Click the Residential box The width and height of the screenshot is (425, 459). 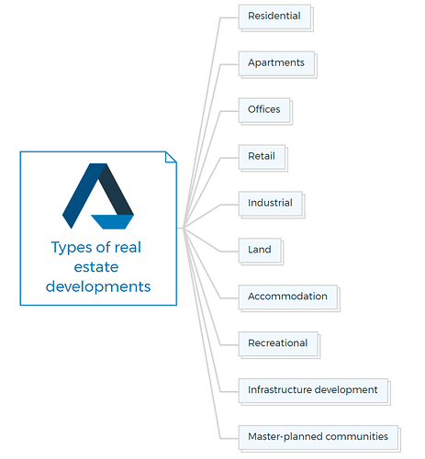click(x=275, y=17)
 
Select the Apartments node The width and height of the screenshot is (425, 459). click(x=277, y=64)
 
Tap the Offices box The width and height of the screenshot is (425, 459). click(x=265, y=111)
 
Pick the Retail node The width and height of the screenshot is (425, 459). click(x=263, y=158)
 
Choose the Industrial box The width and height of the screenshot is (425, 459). click(x=272, y=205)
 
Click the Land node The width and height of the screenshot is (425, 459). click(x=261, y=252)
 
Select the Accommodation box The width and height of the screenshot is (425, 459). click(x=289, y=298)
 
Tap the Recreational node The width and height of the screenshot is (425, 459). click(x=279, y=345)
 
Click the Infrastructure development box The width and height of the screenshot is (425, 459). click(x=314, y=392)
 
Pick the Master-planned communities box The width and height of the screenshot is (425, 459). click(x=319, y=439)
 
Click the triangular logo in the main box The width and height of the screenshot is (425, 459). click(x=98, y=196)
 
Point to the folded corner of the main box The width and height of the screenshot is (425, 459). click(x=171, y=157)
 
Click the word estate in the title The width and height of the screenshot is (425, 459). click(x=96, y=267)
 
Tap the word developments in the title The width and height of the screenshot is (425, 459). click(x=98, y=286)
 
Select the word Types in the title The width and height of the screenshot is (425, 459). click(x=71, y=248)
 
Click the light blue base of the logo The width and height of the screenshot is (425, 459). click(x=113, y=221)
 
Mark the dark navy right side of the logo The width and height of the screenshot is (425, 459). click(x=117, y=189)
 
